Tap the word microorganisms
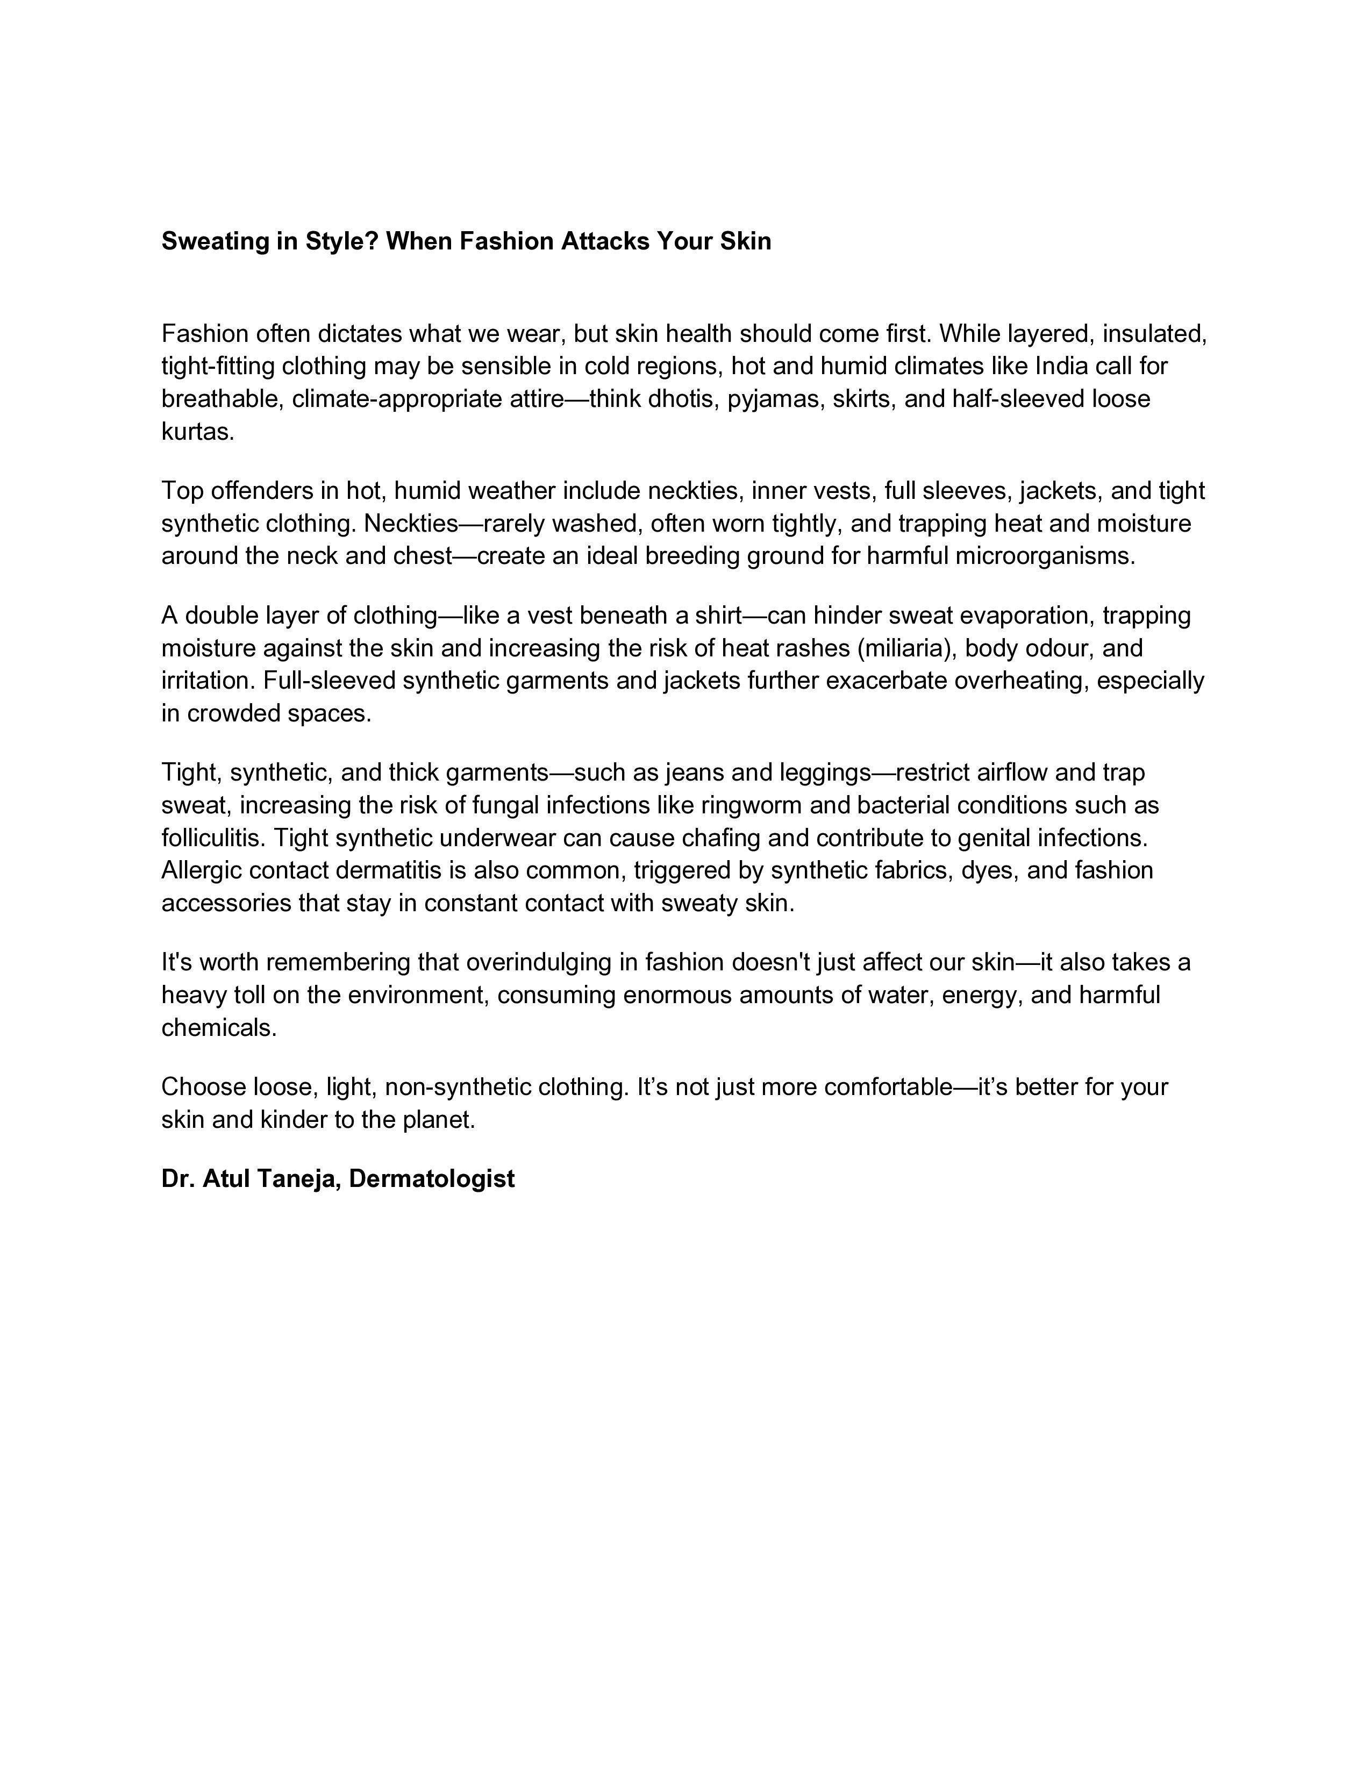(x=1048, y=556)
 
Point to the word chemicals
(x=218, y=1027)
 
